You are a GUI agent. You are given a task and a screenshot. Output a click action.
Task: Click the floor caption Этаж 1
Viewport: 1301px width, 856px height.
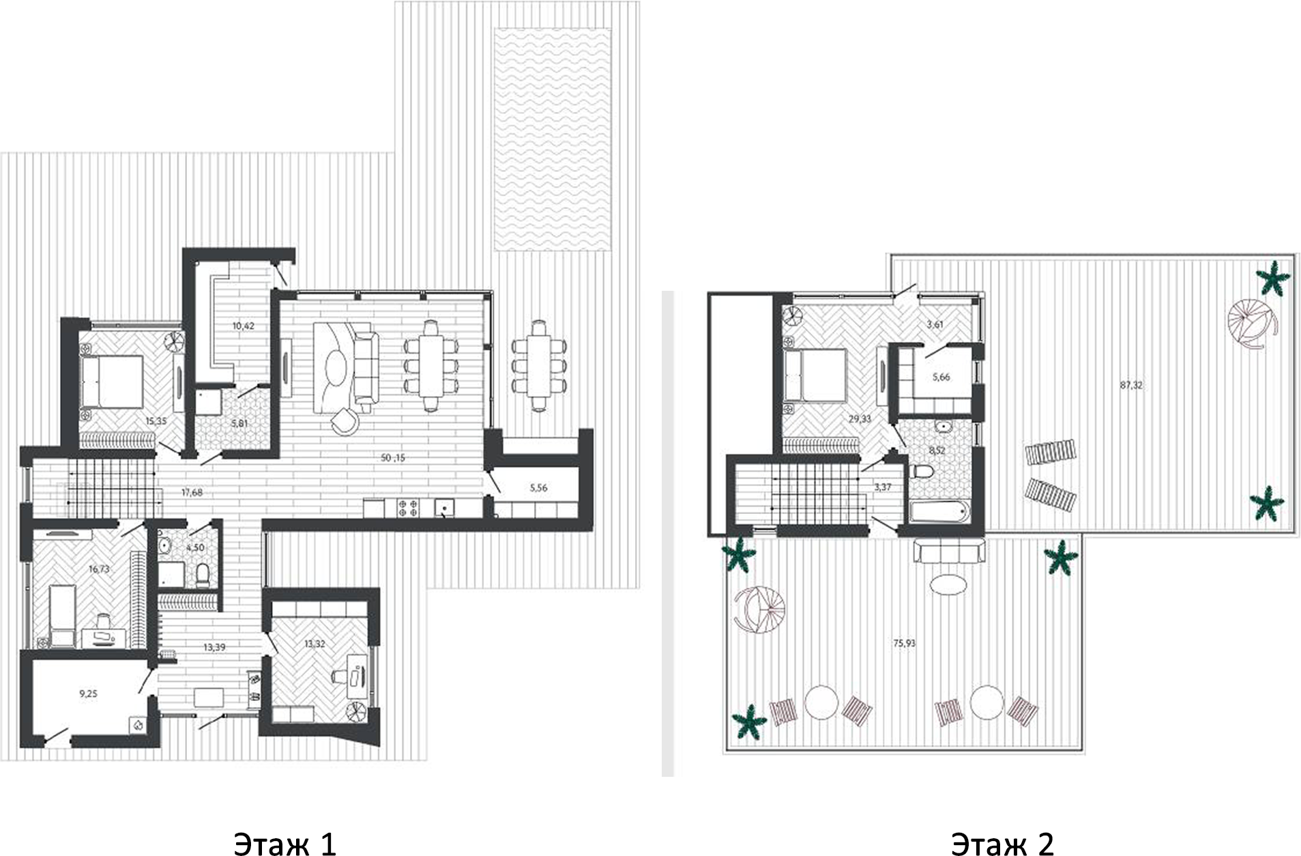[x=284, y=843]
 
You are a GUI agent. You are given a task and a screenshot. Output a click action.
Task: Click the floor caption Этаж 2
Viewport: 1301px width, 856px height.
[x=1002, y=843]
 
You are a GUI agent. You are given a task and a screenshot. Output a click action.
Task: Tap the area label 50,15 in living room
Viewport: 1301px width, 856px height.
[x=393, y=458]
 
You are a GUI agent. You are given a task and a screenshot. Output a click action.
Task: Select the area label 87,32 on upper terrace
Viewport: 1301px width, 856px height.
[x=1130, y=386]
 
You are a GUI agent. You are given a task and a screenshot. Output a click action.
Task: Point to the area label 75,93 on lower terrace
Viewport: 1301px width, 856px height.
[x=903, y=642]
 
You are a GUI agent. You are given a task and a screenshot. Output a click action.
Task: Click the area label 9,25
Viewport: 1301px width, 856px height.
[x=89, y=694]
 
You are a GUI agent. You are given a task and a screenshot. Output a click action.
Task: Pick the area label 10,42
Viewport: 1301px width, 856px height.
[x=243, y=326]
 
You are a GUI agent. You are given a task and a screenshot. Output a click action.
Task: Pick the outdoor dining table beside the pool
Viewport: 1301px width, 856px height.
[x=538, y=365]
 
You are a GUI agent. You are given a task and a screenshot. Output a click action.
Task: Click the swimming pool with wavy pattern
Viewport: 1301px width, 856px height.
[x=552, y=140]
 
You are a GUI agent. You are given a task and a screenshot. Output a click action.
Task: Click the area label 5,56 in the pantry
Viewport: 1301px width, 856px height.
[x=538, y=489]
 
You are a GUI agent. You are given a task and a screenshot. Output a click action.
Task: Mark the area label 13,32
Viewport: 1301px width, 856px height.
[x=314, y=644]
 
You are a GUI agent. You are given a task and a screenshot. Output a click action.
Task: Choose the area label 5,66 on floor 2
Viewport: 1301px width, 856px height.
[x=941, y=377]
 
